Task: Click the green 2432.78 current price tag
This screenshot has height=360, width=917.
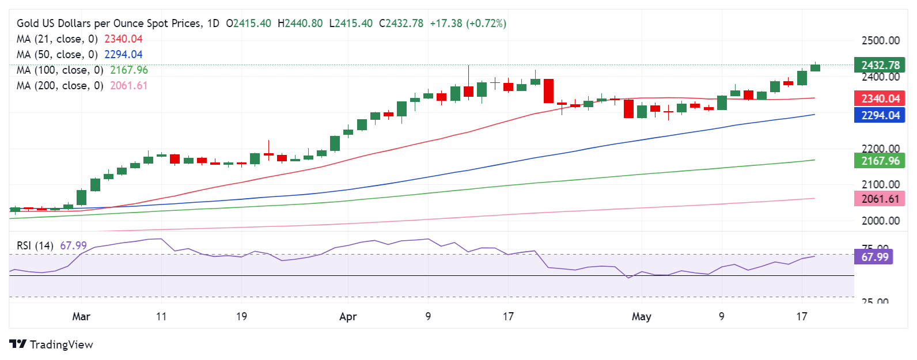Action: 880,65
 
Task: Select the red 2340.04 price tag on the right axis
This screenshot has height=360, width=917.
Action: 880,98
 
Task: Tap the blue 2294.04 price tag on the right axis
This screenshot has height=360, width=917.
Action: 880,115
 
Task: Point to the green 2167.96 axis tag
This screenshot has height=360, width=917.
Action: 880,161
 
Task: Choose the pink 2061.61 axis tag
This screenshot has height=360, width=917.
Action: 880,199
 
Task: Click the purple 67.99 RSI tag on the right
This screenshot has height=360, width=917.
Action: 874,257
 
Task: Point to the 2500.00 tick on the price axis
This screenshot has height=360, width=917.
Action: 880,41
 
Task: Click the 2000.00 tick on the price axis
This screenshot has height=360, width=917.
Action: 880,221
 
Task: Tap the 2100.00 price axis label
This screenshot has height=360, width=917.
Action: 880,184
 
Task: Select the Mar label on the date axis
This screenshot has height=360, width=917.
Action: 81,316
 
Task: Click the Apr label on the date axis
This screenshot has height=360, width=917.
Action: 348,316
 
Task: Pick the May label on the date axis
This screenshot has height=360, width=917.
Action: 642,316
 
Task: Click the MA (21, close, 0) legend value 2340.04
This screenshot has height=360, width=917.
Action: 123,39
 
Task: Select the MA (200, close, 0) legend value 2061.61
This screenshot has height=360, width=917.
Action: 128,86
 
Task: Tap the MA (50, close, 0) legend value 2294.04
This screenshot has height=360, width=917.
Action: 123,55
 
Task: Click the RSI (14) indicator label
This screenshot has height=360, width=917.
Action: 35,246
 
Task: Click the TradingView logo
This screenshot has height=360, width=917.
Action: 51,344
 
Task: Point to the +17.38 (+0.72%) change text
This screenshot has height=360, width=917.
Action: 468,24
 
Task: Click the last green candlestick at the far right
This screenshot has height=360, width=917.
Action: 815,67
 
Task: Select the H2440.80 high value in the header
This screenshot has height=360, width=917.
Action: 300,24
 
